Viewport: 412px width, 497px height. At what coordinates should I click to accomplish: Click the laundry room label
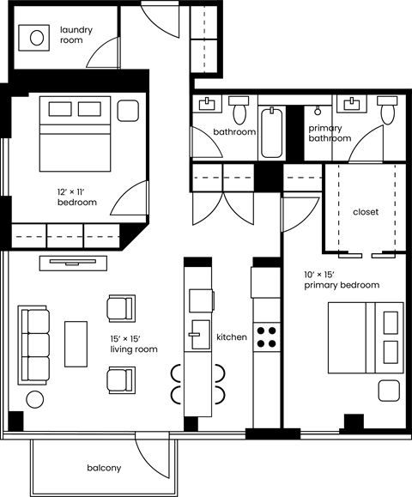point(76,34)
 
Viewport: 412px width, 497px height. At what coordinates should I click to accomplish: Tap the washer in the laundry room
point(37,38)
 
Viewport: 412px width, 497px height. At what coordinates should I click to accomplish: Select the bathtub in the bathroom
point(271,132)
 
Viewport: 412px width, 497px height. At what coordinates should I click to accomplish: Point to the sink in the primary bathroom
point(352,105)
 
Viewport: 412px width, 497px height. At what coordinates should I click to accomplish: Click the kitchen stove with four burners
point(268,336)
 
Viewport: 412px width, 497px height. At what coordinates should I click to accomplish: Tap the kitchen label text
point(232,337)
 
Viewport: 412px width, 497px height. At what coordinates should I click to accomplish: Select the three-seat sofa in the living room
point(35,344)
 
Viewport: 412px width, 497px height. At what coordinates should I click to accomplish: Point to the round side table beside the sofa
point(36,399)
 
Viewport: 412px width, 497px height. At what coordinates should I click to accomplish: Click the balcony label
point(103,468)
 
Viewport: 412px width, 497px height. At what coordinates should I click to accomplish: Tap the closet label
point(366,212)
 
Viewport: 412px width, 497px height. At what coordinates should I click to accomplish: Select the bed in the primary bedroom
point(365,337)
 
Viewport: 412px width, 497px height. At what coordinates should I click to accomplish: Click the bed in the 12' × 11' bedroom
point(77,134)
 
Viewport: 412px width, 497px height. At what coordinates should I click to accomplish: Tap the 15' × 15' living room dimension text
point(134,344)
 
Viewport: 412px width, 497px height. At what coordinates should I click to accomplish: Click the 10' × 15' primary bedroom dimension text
point(341,280)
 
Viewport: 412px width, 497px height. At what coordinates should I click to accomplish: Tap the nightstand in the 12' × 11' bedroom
point(128,111)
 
